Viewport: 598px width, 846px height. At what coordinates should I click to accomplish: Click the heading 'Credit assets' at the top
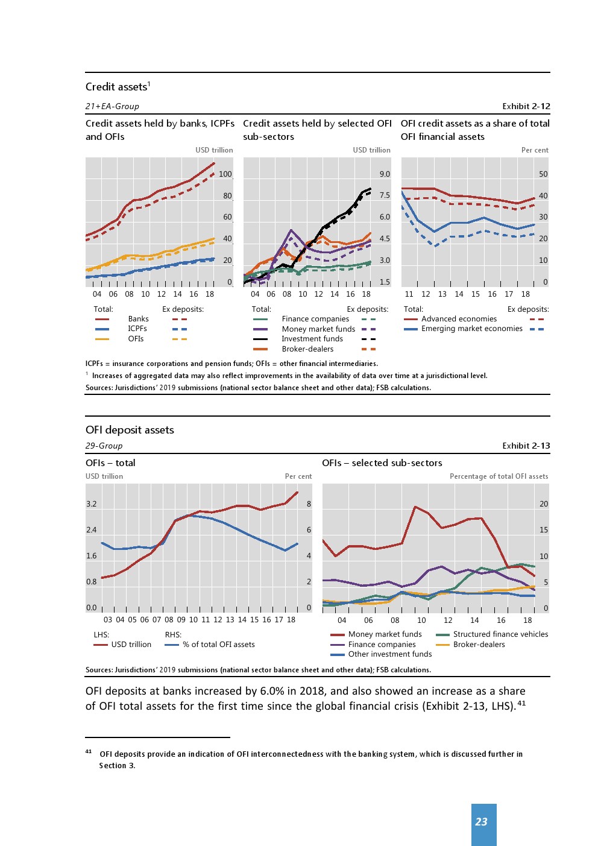116,87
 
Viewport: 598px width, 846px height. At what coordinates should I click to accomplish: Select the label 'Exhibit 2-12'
526,106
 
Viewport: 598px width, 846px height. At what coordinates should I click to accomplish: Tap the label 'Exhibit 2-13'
526,446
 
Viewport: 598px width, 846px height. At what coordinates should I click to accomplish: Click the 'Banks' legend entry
138,319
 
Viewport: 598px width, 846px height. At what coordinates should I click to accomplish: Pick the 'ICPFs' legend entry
137,329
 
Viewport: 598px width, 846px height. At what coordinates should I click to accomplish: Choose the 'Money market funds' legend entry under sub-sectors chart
318,329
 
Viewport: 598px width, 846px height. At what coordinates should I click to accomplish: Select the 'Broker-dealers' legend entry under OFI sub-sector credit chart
307,349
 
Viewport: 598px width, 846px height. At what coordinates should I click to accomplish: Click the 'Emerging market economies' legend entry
471,329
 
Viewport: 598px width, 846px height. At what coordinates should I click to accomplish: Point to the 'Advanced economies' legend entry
459,319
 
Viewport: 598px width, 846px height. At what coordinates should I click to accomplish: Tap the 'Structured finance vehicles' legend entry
500,634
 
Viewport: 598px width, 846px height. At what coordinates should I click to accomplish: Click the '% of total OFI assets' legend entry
218,645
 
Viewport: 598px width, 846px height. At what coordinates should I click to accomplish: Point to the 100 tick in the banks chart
225,174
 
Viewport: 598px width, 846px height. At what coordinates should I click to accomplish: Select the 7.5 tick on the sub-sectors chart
385,195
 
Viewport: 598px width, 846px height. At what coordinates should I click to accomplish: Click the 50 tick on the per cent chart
543,174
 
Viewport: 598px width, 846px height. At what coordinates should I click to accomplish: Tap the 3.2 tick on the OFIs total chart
91,504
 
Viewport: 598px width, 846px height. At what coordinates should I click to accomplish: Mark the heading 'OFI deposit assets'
130,430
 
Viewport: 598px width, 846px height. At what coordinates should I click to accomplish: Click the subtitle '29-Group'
104,446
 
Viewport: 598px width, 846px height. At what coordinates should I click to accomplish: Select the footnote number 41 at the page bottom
89,752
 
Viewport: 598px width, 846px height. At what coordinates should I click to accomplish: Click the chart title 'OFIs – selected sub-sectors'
382,463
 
